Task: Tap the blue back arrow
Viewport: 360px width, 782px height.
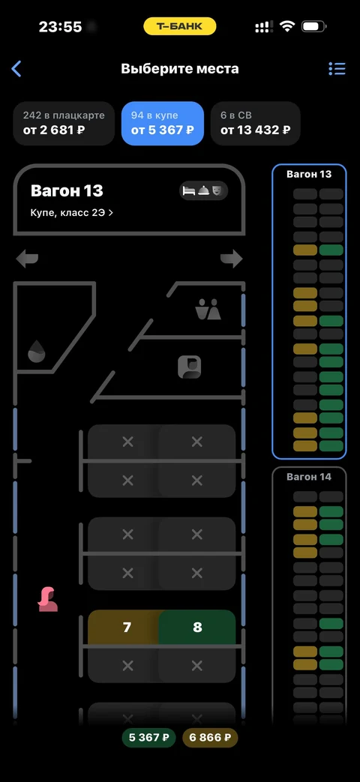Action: pyautogui.click(x=16, y=69)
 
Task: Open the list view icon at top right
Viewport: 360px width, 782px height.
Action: pyautogui.click(x=337, y=69)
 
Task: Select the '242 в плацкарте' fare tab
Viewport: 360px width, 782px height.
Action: pyautogui.click(x=64, y=123)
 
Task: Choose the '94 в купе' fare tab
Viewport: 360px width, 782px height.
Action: pyautogui.click(x=163, y=123)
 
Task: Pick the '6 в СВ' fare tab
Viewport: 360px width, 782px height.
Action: pyautogui.click(x=255, y=123)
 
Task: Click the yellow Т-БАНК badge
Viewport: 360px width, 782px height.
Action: pyautogui.click(x=180, y=26)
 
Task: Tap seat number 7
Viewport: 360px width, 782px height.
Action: pyautogui.click(x=127, y=627)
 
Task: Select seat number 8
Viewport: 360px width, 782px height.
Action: pyautogui.click(x=197, y=627)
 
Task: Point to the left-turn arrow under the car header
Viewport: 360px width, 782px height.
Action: pyautogui.click(x=27, y=259)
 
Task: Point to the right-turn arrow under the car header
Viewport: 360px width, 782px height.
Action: pyautogui.click(x=231, y=259)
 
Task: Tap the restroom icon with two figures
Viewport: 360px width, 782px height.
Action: pyautogui.click(x=208, y=309)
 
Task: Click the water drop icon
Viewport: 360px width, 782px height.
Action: pyautogui.click(x=37, y=352)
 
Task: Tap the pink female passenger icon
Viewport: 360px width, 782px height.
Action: pyautogui.click(x=48, y=600)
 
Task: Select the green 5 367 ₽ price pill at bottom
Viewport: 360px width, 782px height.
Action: pyautogui.click(x=148, y=738)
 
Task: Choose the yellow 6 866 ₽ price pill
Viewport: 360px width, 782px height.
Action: pyautogui.click(x=210, y=738)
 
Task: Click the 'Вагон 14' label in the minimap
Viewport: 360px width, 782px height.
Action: pyautogui.click(x=309, y=477)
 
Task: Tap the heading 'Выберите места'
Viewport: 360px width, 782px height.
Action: pyautogui.click(x=180, y=69)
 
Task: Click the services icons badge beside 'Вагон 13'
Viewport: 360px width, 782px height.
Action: pyautogui.click(x=203, y=190)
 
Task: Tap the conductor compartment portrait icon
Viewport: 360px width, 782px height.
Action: pyautogui.click(x=190, y=367)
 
